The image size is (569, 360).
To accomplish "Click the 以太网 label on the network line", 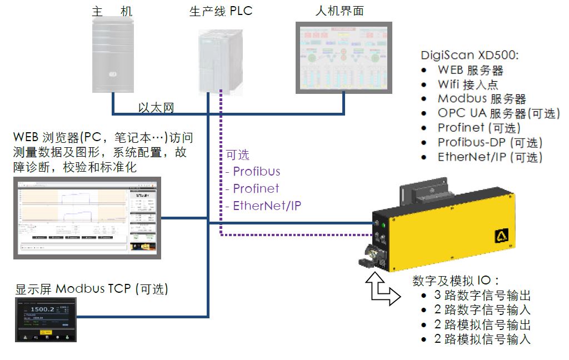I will click(x=156, y=107).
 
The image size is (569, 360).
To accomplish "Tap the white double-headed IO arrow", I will click(x=382, y=287).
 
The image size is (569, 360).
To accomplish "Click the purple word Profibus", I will click(x=256, y=171).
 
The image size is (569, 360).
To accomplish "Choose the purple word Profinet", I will click(x=256, y=189).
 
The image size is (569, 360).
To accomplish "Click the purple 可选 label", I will click(x=237, y=155).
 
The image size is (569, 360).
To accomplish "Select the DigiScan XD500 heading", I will click(x=470, y=56).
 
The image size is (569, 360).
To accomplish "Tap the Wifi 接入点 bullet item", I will click(x=468, y=85).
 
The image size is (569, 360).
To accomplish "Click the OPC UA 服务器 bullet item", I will click(x=498, y=114).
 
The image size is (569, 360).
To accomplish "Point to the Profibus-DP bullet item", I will click(x=490, y=143).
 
